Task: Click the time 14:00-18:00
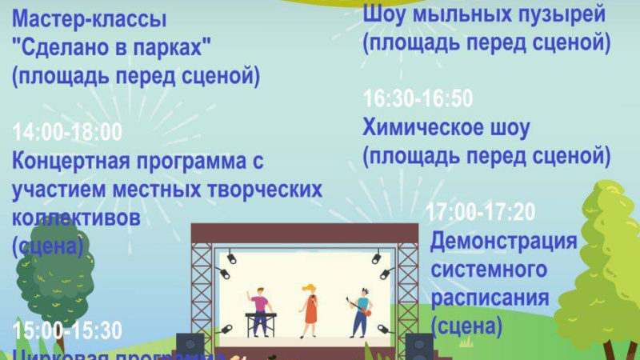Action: (68, 132)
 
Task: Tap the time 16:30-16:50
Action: (418, 99)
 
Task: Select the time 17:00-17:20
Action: (481, 213)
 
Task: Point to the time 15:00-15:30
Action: (68, 330)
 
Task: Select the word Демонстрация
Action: (503, 241)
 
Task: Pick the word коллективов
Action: (77, 218)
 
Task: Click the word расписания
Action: (490, 298)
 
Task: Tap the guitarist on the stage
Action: (362, 312)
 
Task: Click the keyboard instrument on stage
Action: (260, 317)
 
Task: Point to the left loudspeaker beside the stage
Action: (190, 346)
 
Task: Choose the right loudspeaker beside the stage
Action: (418, 346)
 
